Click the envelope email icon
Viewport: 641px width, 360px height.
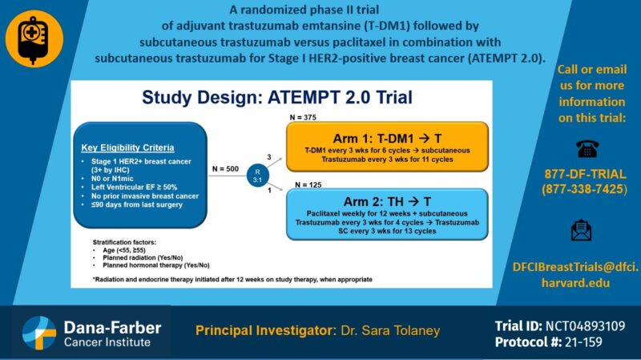pyautogui.click(x=583, y=230)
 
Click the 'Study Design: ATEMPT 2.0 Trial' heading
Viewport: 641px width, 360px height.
pyautogui.click(x=277, y=99)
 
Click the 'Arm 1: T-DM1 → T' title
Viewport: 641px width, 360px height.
pyautogui.click(x=387, y=137)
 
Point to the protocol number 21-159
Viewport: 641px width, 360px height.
pyautogui.click(x=589, y=342)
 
